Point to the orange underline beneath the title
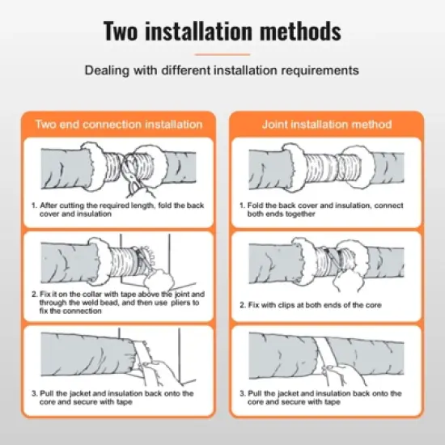222,54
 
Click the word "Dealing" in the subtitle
107,70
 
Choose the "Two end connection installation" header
118,125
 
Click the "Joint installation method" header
326,125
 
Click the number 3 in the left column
34,393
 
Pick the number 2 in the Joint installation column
242,304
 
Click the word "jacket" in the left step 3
83,393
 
